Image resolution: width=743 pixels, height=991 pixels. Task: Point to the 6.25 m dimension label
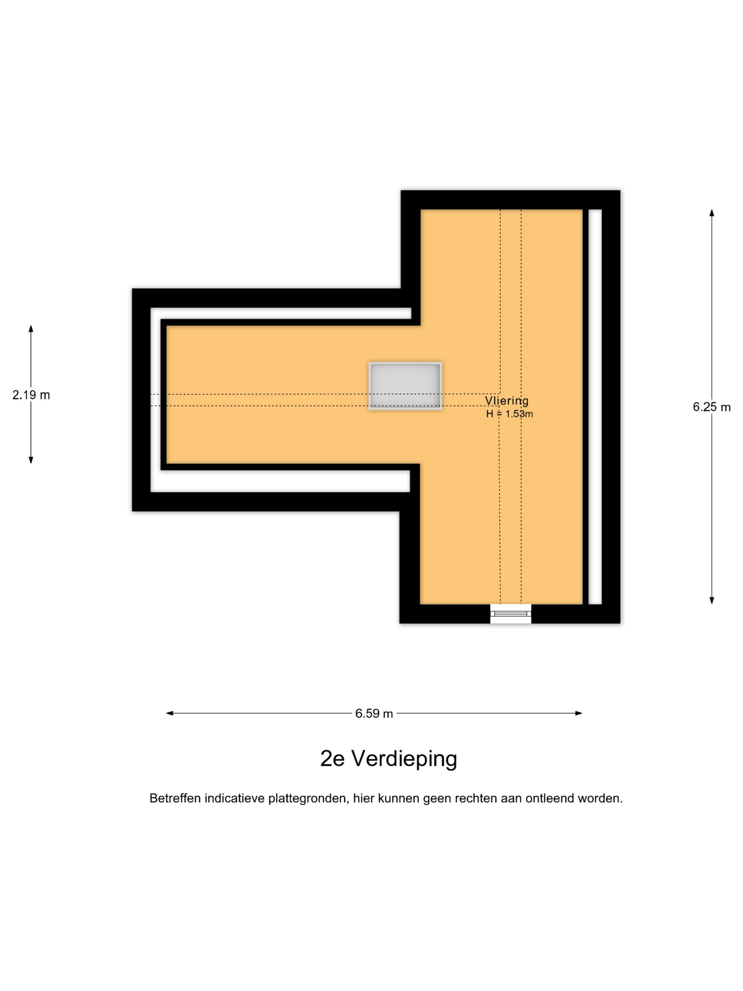click(712, 407)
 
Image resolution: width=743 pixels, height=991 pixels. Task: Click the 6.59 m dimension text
click(374, 713)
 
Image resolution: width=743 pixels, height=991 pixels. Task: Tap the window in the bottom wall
click(511, 613)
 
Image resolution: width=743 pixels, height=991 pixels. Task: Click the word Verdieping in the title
click(404, 759)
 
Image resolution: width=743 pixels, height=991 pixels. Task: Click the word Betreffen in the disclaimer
click(175, 798)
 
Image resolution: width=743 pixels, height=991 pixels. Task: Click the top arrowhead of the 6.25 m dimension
click(712, 212)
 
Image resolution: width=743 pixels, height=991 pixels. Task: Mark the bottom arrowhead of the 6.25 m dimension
click(712, 601)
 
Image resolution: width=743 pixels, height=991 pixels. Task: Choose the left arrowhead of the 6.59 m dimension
click(170, 713)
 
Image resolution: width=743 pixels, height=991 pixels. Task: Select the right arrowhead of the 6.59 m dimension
click(578, 713)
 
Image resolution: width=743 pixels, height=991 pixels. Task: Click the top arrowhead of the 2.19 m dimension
click(31, 328)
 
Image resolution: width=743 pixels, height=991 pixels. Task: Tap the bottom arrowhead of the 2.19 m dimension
click(31, 460)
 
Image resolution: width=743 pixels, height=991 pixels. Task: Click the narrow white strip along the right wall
click(595, 407)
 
